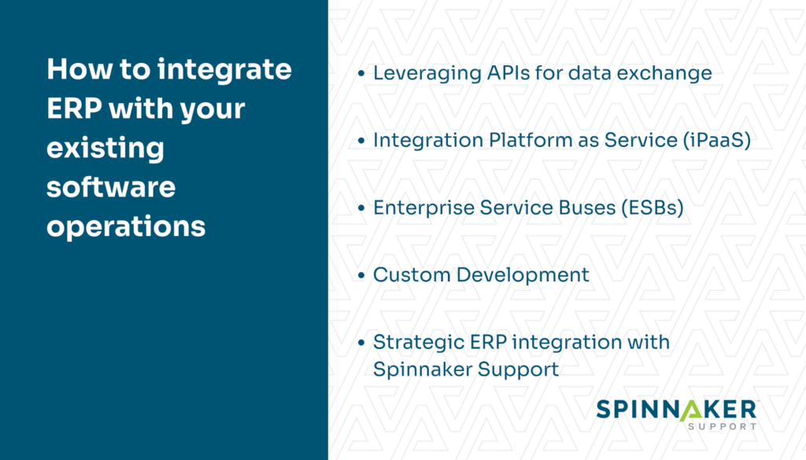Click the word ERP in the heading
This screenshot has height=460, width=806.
click(x=73, y=109)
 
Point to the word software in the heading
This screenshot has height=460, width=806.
click(x=110, y=187)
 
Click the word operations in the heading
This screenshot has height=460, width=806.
click(x=125, y=226)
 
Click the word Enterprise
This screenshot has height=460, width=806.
click(x=418, y=208)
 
